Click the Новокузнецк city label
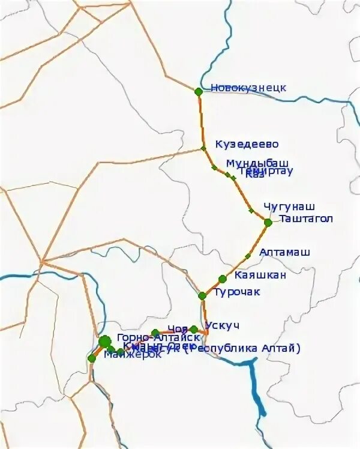[x=248, y=88]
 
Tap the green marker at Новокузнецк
[x=199, y=92]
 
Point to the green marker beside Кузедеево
[x=203, y=148]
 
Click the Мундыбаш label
[x=257, y=163]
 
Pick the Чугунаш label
[x=289, y=206]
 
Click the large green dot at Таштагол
[x=268, y=222]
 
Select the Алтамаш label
[x=284, y=253]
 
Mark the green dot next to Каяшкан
[x=223, y=279]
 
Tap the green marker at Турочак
[x=202, y=295]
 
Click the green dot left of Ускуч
[x=194, y=329]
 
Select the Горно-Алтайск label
[x=151, y=337]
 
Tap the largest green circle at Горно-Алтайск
[x=105, y=342]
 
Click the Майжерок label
[x=132, y=355]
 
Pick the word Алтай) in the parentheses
[x=282, y=348]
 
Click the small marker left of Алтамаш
[x=248, y=256]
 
